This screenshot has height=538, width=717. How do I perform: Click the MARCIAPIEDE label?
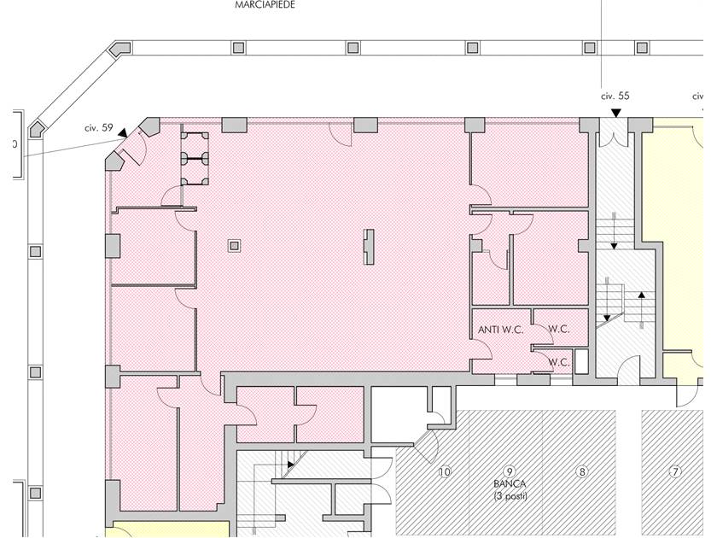pyautogui.click(x=265, y=5)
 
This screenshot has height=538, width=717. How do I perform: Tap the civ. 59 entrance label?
pyautogui.click(x=99, y=128)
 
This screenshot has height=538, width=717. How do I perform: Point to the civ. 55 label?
pyautogui.click(x=615, y=96)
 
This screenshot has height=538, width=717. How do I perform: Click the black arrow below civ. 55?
pyautogui.click(x=616, y=113)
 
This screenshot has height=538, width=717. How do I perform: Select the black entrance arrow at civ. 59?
pyautogui.click(x=123, y=133)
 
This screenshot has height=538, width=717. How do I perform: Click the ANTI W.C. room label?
pyautogui.click(x=501, y=330)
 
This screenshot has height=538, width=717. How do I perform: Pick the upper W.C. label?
pyautogui.click(x=559, y=329)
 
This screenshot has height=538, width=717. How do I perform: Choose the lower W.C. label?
pyautogui.click(x=559, y=362)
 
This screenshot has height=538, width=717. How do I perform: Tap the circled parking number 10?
pyautogui.click(x=445, y=471)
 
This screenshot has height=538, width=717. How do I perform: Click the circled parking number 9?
pyautogui.click(x=509, y=471)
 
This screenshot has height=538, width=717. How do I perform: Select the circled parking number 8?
pyautogui.click(x=581, y=471)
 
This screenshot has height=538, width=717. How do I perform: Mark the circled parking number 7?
pyautogui.click(x=675, y=471)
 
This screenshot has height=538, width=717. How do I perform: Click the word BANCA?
pyautogui.click(x=510, y=483)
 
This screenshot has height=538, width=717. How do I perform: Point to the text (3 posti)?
pyautogui.click(x=510, y=496)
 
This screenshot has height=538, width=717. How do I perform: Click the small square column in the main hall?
pyautogui.click(x=234, y=246)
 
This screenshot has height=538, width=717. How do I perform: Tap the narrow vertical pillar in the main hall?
pyautogui.click(x=369, y=247)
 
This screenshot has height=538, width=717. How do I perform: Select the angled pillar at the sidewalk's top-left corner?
pyautogui.click(x=120, y=49)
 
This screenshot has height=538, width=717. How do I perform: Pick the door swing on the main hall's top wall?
pyautogui.click(x=341, y=135)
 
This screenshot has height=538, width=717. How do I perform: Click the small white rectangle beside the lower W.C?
pyautogui.click(x=581, y=361)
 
